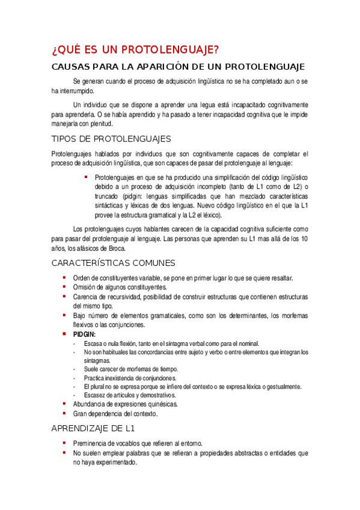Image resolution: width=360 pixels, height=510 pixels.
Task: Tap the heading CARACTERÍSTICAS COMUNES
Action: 113,263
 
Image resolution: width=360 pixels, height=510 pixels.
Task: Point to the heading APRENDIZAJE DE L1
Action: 93,429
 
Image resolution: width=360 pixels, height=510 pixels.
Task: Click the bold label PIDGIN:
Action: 84,334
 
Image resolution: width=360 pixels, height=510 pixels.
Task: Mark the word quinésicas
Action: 159,405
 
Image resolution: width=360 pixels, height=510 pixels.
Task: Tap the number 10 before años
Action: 305,239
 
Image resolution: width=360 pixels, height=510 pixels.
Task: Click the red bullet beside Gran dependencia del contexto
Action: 65,413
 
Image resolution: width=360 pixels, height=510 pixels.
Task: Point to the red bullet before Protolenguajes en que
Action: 86,177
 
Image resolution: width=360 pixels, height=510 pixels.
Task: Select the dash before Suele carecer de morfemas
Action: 74,369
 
